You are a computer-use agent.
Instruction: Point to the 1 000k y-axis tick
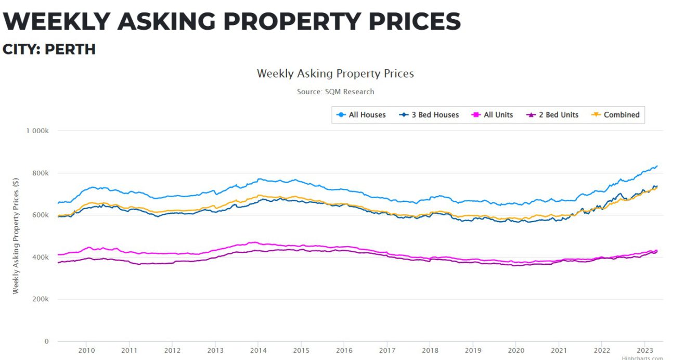[37, 131]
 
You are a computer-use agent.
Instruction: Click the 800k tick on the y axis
[41, 173]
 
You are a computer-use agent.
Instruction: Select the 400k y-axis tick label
[41, 258]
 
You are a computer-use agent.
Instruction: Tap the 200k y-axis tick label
[41, 300]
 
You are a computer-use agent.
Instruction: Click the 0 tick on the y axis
[46, 342]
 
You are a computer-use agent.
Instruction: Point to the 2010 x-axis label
[86, 350]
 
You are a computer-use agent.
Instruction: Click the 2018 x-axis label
[430, 350]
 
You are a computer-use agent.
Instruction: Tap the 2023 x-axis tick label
[644, 350]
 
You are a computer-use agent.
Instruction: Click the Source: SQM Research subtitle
[335, 92]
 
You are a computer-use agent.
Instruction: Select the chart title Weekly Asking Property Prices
[335, 73]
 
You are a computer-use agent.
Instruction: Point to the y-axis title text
[16, 236]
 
